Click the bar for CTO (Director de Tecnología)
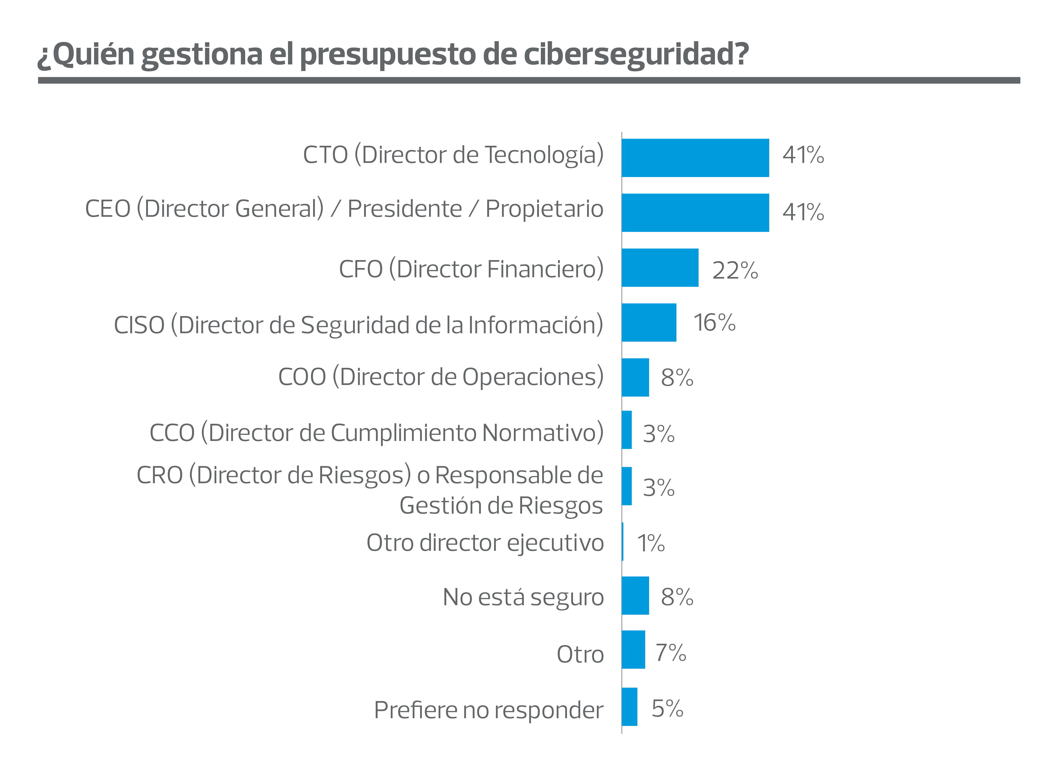coord(695,158)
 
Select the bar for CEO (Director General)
coord(695,213)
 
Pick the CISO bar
coord(649,322)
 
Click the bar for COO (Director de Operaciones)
coord(636,378)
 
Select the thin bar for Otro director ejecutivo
coord(622,542)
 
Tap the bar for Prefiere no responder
coord(630,707)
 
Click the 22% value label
coord(735,270)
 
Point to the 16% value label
coord(715,323)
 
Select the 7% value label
coord(671,653)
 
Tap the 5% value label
coord(667,709)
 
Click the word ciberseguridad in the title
coord(636,54)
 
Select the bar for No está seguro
coord(636,596)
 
